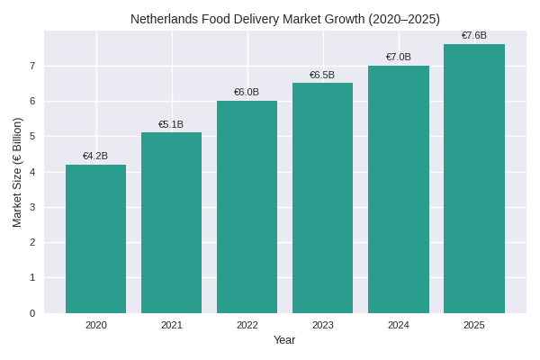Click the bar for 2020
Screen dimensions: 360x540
coord(95,238)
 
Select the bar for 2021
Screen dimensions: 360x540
coord(171,222)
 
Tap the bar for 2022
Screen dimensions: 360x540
coord(247,207)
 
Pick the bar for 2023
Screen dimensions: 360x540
coord(322,198)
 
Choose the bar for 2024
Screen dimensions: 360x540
coord(398,189)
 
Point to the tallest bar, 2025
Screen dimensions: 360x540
coord(473,178)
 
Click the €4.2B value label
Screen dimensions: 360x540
coord(95,156)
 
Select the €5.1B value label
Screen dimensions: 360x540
coord(171,124)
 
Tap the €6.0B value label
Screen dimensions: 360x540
coord(247,92)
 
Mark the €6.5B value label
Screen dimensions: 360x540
coord(322,75)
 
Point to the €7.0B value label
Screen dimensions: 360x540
coord(398,57)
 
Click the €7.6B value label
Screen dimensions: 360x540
coord(473,36)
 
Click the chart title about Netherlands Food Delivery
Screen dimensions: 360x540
coord(285,19)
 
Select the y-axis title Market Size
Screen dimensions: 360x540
coord(17,172)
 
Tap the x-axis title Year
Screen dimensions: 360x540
coord(284,340)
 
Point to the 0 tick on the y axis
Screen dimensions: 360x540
coord(32,313)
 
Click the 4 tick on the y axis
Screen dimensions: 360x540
coord(32,172)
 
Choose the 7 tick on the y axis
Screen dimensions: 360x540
coord(32,66)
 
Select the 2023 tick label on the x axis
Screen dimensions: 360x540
coord(322,325)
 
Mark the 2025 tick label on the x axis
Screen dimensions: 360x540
coord(473,325)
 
